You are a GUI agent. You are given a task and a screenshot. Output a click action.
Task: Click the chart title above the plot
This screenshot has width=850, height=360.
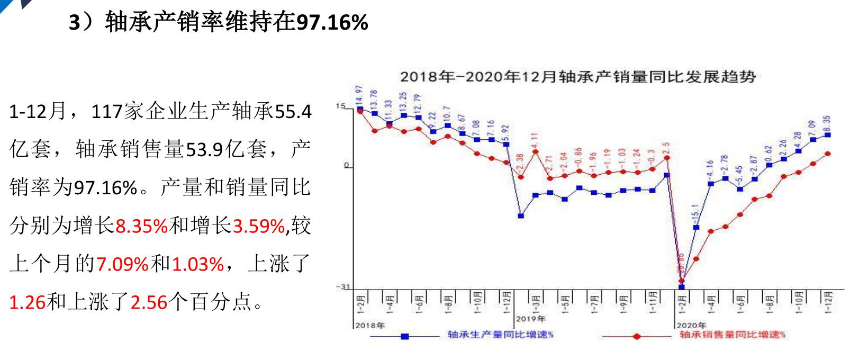[577, 77]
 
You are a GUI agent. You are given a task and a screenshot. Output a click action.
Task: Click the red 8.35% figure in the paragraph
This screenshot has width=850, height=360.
[141, 226]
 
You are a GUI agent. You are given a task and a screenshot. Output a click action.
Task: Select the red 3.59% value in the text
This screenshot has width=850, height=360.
[259, 226]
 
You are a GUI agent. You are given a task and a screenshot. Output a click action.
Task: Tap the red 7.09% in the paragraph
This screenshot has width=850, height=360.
[122, 264]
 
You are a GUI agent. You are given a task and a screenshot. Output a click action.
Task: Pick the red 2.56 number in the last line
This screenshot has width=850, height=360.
[149, 302]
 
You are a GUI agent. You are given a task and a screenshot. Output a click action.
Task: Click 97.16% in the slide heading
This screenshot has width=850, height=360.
[332, 22]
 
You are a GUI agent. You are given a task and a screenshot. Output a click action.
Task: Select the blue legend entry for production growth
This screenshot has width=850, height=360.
[500, 335]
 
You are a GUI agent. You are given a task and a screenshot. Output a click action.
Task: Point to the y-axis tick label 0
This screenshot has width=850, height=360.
[347, 166]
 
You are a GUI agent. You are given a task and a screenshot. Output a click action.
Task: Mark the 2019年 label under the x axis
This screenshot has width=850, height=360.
[530, 318]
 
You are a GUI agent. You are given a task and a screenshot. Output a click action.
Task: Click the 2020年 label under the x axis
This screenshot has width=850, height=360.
[691, 325]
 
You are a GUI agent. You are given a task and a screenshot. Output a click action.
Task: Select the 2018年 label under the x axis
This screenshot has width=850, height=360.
[370, 325]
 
